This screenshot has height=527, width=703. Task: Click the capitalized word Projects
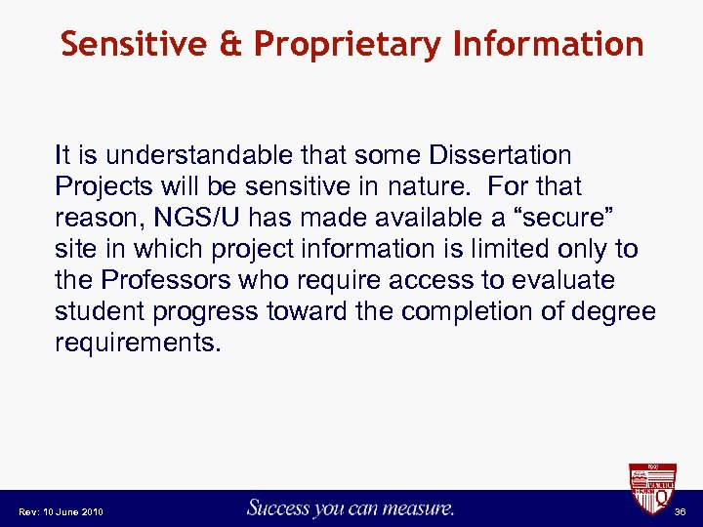coord(100,186)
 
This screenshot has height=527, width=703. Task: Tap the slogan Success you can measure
coord(351,507)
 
